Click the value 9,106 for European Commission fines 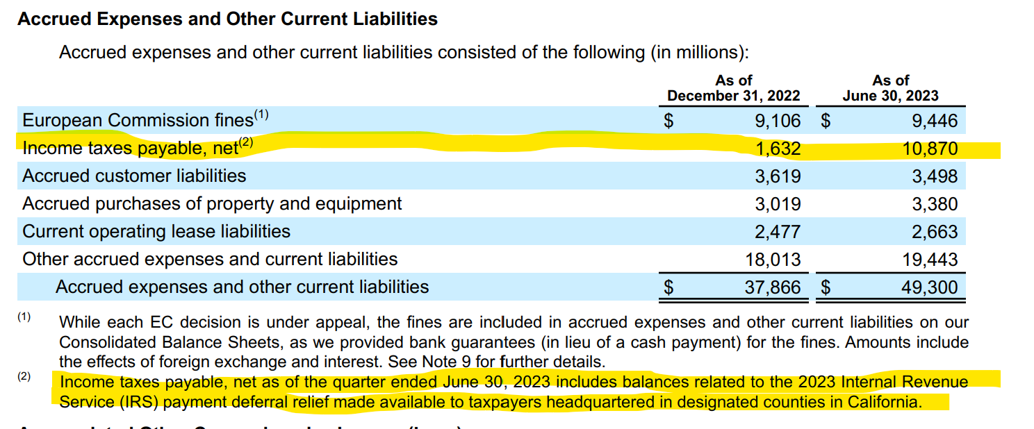(x=778, y=121)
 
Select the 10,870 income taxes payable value (x=935, y=149)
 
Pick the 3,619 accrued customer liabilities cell (x=778, y=176)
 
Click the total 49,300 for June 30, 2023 (x=930, y=287)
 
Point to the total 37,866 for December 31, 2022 (x=773, y=287)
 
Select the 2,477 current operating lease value (x=778, y=231)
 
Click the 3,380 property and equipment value (x=935, y=204)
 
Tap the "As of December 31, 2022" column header (x=734, y=88)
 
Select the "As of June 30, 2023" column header (x=890, y=88)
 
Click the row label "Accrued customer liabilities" (x=134, y=176)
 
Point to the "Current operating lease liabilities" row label (x=156, y=231)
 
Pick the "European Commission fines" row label (x=138, y=121)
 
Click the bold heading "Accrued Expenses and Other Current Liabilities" (x=227, y=19)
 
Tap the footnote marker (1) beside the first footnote (x=24, y=317)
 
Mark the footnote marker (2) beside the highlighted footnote (x=24, y=377)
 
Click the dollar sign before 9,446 (x=826, y=121)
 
